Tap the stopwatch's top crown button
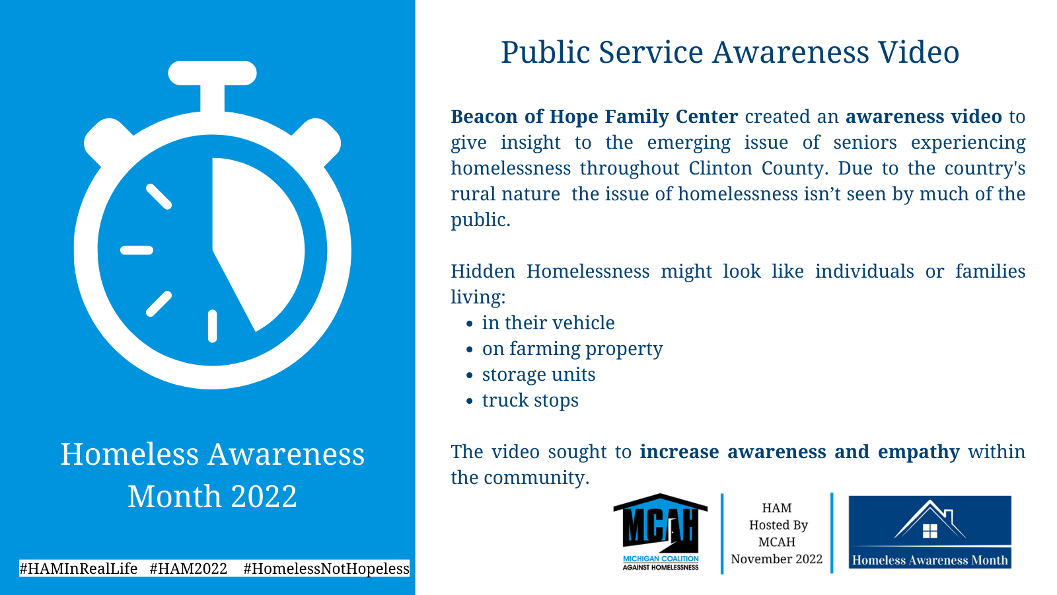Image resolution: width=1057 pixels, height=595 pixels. [212, 73]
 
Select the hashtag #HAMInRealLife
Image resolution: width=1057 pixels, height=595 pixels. [79, 569]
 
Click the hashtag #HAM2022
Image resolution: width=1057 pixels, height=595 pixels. [188, 569]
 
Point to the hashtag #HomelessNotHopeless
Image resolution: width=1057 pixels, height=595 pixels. [326, 569]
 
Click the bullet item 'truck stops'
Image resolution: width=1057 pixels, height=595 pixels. [530, 401]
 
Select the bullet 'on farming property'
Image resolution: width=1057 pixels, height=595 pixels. [572, 349]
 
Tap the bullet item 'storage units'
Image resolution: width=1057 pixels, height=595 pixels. [538, 374]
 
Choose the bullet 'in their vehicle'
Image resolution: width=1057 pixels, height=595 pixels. [548, 323]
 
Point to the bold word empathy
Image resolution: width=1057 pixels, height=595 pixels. [919, 452]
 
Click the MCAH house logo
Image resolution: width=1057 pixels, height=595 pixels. [660, 532]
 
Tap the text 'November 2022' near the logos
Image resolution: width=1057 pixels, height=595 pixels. [777, 559]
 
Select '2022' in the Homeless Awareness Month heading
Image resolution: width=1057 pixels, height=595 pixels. [264, 496]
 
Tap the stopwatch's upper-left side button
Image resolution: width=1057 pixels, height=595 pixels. [108, 141]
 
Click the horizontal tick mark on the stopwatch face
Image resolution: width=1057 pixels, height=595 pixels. [137, 251]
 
